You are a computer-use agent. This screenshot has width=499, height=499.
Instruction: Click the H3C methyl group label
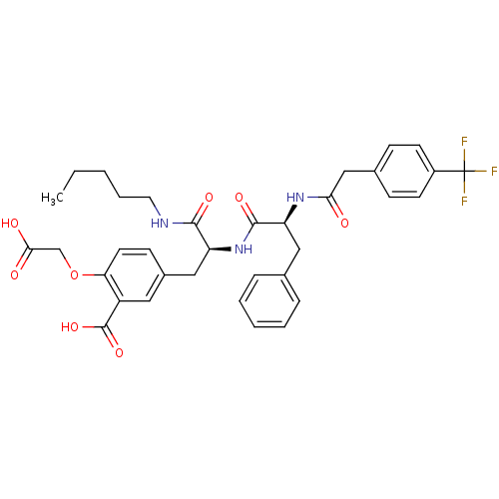(x=52, y=198)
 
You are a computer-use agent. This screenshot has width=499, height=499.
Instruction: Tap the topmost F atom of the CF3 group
(x=464, y=142)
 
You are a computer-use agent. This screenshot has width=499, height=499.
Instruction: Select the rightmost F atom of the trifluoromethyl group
(x=494, y=172)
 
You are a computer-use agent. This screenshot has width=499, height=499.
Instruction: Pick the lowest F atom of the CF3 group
(x=464, y=201)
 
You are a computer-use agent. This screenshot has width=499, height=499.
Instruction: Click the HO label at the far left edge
(x=10, y=224)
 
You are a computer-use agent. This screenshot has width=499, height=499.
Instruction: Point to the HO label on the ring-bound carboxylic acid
(x=70, y=327)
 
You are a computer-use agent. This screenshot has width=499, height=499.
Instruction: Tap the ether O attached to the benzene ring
(x=74, y=275)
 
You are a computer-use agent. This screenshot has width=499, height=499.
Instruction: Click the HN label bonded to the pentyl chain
(x=160, y=224)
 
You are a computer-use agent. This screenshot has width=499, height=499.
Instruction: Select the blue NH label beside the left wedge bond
(x=244, y=249)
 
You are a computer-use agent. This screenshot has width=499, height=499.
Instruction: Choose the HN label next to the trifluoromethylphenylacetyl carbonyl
(x=295, y=198)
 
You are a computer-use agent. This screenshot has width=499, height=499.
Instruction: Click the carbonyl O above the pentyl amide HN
(x=209, y=198)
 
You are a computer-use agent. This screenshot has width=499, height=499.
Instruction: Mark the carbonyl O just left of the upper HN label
(x=240, y=198)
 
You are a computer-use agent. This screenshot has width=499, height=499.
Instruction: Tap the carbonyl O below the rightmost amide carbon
(x=344, y=224)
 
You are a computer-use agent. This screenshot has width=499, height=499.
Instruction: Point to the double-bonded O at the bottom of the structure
(x=119, y=353)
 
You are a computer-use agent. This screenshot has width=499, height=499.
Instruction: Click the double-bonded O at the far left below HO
(x=15, y=275)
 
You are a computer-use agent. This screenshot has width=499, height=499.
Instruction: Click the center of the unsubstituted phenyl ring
(x=269, y=301)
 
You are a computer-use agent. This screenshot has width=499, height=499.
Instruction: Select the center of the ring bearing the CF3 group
(x=404, y=172)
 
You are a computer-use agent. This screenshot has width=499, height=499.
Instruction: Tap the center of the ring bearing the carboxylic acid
(x=135, y=275)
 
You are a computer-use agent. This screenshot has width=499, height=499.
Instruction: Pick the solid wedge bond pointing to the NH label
(x=220, y=249)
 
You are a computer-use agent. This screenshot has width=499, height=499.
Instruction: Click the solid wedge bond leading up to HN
(x=290, y=215)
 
